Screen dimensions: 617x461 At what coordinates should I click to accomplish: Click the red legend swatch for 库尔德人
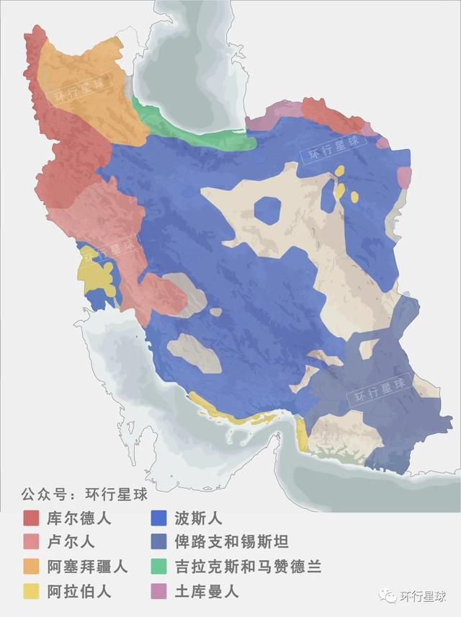(x=31, y=518)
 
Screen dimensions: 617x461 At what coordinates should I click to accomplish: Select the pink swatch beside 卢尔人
(x=31, y=542)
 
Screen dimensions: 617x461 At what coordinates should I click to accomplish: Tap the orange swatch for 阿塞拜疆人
(x=31, y=567)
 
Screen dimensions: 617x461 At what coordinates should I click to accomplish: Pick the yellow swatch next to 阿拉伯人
(x=31, y=592)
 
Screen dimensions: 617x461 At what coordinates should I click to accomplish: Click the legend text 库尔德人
(x=79, y=518)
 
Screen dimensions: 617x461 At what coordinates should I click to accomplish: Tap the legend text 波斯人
(x=198, y=518)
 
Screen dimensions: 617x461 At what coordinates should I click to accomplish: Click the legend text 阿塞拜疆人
(x=87, y=567)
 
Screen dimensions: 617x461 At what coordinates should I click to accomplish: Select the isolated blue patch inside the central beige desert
(x=267, y=210)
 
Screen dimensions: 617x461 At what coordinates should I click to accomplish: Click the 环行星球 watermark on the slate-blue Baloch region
(x=379, y=389)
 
